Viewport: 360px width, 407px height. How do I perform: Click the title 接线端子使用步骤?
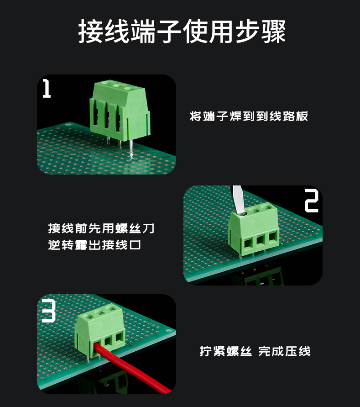coord(182,31)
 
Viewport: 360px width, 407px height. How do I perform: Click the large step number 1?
coord(47,89)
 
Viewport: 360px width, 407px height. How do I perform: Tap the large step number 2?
coord(311,201)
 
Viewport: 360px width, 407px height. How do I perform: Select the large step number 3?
coord(49,311)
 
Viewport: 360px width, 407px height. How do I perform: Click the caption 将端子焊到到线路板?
coord(249,116)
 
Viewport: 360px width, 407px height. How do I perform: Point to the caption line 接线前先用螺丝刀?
coord(101,228)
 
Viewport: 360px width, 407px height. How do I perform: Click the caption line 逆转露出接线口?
coord(94,245)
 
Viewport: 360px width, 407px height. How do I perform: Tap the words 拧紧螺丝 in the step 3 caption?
coord(226,351)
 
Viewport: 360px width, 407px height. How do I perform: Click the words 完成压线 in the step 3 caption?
coord(285,351)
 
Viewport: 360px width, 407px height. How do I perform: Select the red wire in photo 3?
coord(132,368)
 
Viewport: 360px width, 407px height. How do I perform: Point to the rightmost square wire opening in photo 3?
coord(119,337)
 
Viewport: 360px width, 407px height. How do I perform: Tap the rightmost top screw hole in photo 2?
coord(266,207)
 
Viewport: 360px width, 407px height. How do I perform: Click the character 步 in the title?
coord(247,31)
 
